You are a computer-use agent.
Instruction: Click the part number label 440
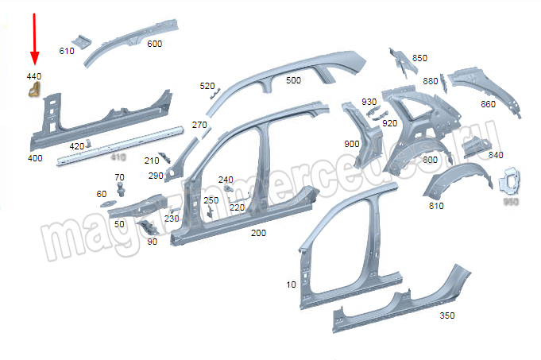(x=33, y=76)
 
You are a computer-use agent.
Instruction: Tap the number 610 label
(x=67, y=51)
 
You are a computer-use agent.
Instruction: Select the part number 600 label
(x=154, y=44)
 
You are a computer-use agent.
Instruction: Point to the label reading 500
(x=293, y=80)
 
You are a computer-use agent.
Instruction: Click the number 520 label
(x=207, y=86)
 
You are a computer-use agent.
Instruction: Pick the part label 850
(x=419, y=58)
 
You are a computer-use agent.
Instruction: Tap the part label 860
(x=488, y=104)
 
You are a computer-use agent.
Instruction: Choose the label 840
(x=496, y=155)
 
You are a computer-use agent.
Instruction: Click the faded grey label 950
(x=509, y=203)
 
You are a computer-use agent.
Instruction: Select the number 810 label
(x=436, y=206)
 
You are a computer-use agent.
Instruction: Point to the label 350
(x=447, y=315)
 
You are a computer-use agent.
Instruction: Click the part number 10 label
(x=291, y=284)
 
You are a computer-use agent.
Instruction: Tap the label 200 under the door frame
(x=258, y=233)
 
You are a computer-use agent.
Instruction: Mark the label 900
(x=352, y=144)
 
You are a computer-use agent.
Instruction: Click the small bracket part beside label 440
(x=34, y=92)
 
